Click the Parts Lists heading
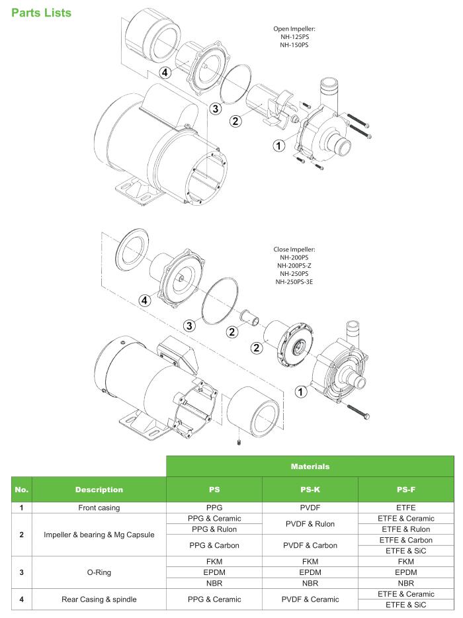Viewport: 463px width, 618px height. tap(41, 13)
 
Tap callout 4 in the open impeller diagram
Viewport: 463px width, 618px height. tap(165, 72)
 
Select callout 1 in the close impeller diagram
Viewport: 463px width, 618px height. tap(300, 391)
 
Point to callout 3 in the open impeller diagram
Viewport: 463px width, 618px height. tap(214, 109)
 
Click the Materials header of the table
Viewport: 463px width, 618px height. tap(310, 466)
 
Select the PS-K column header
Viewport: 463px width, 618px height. tap(310, 490)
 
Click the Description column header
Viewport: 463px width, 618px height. tap(99, 490)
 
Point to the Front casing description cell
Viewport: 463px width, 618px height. tap(99, 507)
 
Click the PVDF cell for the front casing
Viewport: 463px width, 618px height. tap(310, 507)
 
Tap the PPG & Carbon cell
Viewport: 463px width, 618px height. tap(214, 545)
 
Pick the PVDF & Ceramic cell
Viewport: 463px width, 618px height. tap(310, 599)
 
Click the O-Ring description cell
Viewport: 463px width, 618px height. tap(99, 572)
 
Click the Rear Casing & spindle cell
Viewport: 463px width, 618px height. tap(99, 599)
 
